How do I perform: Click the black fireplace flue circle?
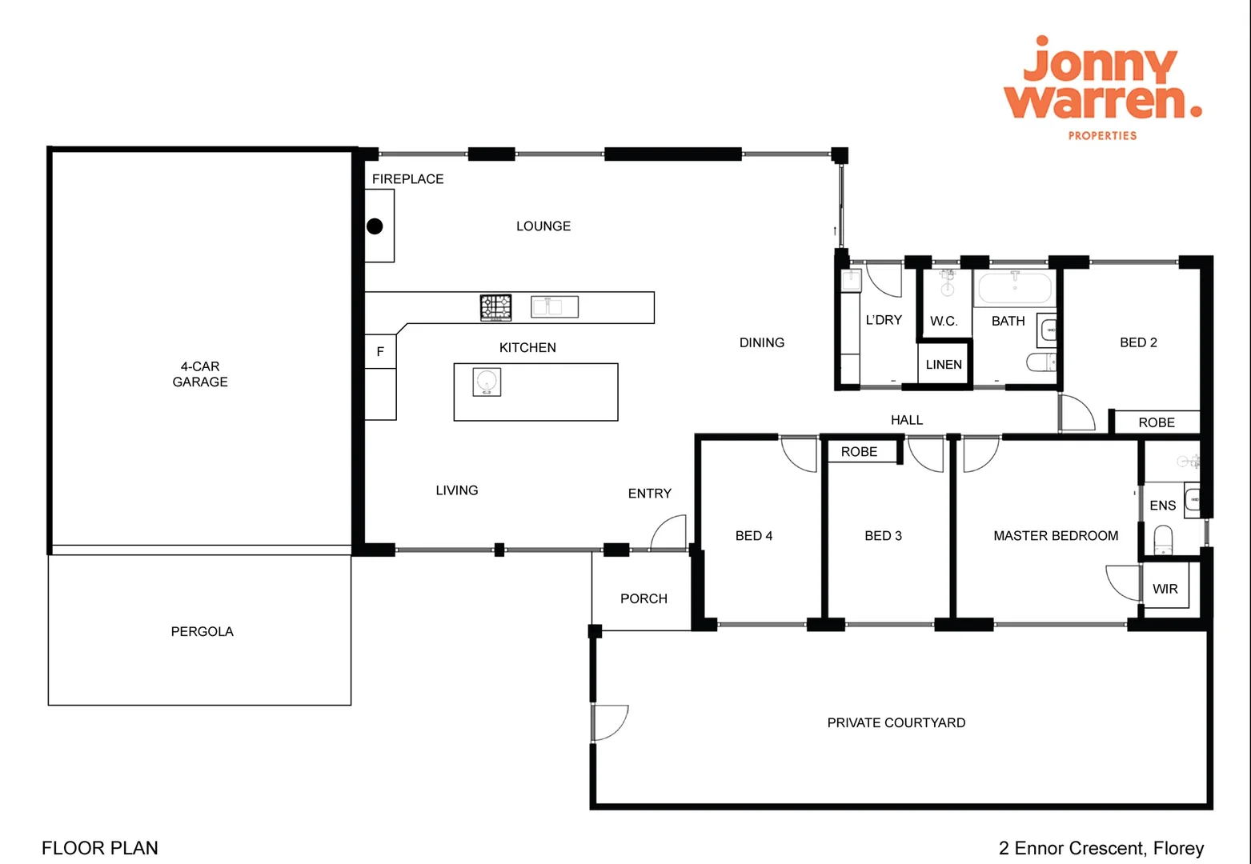click(375, 226)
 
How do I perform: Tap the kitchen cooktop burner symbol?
click(495, 307)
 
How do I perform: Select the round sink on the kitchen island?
click(487, 382)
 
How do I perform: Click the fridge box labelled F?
click(381, 351)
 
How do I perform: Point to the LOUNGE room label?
click(543, 226)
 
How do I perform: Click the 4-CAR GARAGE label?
click(200, 374)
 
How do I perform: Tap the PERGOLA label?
click(202, 631)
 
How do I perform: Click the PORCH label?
click(644, 598)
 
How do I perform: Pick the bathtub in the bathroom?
click(1014, 288)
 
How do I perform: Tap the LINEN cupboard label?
click(944, 365)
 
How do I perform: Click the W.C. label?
click(944, 322)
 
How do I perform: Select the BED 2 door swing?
click(1077, 412)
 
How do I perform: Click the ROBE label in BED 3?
click(859, 452)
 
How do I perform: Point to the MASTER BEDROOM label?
click(1056, 536)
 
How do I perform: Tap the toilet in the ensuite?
click(1163, 538)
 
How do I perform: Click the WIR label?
click(1165, 589)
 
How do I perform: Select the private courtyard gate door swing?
click(611, 722)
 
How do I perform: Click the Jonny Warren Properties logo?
click(1103, 88)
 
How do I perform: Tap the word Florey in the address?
click(1178, 848)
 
